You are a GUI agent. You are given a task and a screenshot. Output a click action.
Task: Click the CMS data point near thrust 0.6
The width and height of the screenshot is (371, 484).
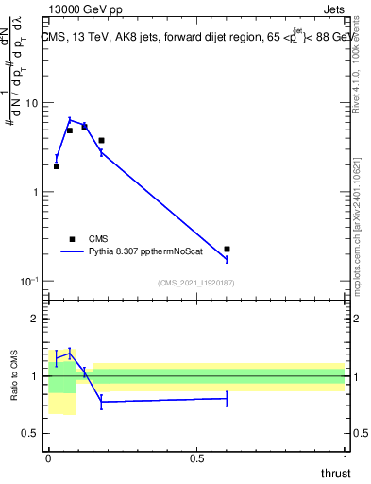tap(227, 249)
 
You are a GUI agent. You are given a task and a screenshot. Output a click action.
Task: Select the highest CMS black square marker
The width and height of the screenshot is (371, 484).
tap(84, 126)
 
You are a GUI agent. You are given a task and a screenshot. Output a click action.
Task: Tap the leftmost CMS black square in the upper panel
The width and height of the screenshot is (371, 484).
tap(57, 166)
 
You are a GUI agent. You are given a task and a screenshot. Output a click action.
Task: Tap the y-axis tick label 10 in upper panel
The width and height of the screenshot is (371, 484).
tap(35, 102)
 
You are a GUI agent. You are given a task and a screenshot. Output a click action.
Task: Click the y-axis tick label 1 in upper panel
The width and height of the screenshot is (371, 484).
tap(38, 192)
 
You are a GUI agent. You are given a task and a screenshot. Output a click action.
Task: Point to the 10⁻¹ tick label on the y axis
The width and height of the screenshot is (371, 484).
tap(33, 281)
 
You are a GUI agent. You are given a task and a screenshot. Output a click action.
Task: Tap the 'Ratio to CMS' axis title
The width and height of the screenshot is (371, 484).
tap(14, 375)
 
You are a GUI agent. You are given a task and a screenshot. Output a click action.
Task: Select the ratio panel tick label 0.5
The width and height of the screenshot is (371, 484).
tap(33, 433)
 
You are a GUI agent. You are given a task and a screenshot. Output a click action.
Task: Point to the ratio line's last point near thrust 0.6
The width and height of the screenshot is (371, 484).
tap(227, 399)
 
